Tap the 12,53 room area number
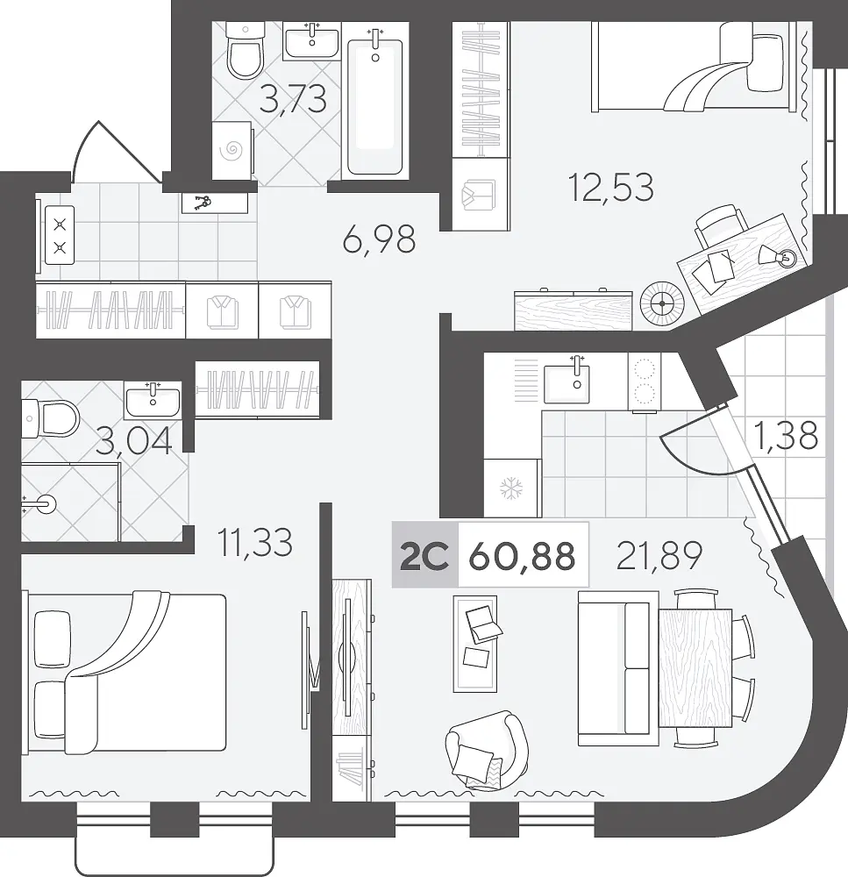[x=610, y=188]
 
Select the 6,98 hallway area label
[x=379, y=239]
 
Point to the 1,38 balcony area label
[x=785, y=436]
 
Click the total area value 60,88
[x=522, y=556]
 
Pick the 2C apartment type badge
[x=424, y=555]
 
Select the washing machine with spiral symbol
[x=232, y=150]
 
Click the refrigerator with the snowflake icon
[x=511, y=488]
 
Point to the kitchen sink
[x=567, y=382]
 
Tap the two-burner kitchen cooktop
[x=644, y=381]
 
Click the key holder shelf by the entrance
[x=214, y=203]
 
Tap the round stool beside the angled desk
[x=662, y=303]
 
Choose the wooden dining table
[x=695, y=668]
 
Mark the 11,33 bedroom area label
[x=255, y=543]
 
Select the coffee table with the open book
[x=475, y=643]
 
